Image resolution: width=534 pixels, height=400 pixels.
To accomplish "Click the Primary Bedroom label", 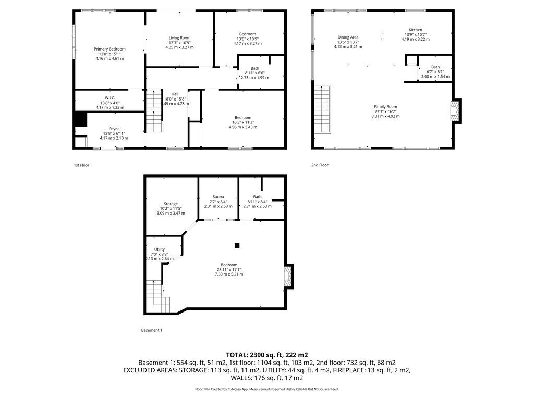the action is point(110,49).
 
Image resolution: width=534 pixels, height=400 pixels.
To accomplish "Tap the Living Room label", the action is point(179,37).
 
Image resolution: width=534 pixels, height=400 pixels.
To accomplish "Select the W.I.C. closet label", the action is point(110,98).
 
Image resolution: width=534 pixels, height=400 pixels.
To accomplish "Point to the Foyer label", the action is point(114,129).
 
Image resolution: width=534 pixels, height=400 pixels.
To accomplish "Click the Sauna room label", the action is point(219,196).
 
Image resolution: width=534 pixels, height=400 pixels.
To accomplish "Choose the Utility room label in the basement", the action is point(160,249).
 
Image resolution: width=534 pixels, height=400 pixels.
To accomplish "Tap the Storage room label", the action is point(171,204).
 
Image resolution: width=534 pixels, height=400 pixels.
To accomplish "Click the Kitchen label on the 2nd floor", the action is point(416,30).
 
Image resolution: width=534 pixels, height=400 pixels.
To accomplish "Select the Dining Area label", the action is point(348,37).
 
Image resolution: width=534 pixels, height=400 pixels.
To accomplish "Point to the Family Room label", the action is point(385,106).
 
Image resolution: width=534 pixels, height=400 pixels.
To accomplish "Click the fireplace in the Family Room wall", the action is point(455,111).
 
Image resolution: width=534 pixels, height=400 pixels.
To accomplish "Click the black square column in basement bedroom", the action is point(237,245).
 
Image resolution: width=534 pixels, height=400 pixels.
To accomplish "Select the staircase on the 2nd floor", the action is point(322,109).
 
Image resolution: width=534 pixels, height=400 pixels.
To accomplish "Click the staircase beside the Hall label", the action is point(154,110).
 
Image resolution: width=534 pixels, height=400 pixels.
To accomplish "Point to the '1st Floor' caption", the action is point(81,165).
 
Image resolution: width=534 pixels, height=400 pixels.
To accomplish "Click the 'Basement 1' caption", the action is point(152,330).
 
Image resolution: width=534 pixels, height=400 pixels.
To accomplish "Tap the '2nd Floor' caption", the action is point(320,165).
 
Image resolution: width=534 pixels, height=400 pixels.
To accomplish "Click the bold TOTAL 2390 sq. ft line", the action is point(267,355).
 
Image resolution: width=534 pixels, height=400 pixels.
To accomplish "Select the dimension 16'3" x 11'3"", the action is point(243,122).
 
